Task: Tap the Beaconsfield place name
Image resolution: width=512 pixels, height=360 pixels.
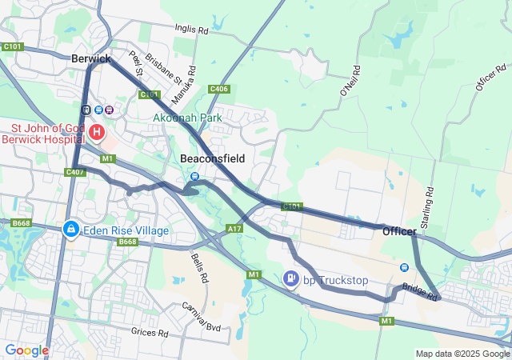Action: point(212,158)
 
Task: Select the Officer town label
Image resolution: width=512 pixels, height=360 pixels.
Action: point(398,231)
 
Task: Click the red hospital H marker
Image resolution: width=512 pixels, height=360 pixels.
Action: point(96,131)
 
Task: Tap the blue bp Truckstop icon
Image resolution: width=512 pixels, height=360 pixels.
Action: point(291,279)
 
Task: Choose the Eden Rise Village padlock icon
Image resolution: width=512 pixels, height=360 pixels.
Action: point(71,230)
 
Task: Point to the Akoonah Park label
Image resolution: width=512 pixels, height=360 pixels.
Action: point(188,118)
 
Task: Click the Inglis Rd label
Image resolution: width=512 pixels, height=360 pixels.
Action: point(191,30)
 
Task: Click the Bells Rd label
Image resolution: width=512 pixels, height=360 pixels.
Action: point(199,268)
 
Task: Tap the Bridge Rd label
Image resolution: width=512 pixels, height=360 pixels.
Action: point(420,291)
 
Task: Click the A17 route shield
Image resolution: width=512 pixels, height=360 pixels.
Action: point(234,229)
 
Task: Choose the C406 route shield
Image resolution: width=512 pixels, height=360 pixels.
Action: point(219,89)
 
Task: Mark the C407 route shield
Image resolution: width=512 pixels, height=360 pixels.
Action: point(75,172)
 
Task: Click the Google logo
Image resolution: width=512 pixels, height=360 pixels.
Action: point(26,350)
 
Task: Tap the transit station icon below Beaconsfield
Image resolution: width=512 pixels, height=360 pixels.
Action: point(194,176)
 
